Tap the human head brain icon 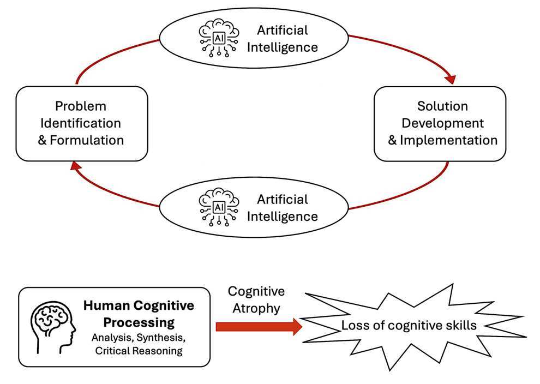click(53, 327)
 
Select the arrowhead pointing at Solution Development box click(451, 80)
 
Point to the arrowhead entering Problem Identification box click(75, 167)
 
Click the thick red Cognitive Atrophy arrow click(259, 327)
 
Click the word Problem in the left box click(81, 106)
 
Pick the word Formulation click(87, 140)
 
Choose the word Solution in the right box click(442, 106)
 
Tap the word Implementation click(448, 140)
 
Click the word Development click(442, 123)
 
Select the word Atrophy click(256, 308)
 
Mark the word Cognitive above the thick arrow click(256, 291)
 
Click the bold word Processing click(139, 323)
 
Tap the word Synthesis click(161, 338)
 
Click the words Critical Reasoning click(139, 351)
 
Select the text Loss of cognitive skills click(409, 326)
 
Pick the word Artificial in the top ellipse click(283, 31)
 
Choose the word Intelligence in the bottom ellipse click(283, 217)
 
